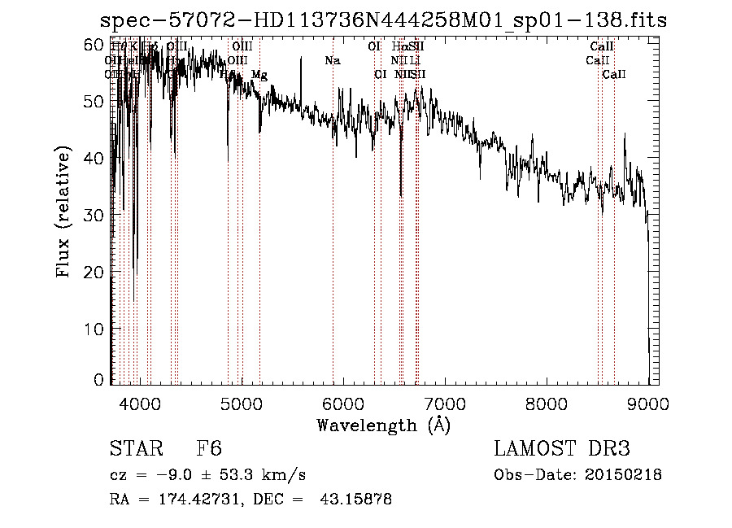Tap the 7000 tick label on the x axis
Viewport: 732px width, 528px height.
445,404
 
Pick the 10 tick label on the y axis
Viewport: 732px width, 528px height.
96,329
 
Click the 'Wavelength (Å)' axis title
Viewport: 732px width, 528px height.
383,425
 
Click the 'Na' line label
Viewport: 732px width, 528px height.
332,61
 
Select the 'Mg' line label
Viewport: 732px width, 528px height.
259,75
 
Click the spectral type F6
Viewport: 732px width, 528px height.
209,449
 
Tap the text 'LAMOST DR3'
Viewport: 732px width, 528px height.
562,449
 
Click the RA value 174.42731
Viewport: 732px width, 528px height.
196,500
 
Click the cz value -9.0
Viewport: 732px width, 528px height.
174,475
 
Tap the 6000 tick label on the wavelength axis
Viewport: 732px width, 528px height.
342,404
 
